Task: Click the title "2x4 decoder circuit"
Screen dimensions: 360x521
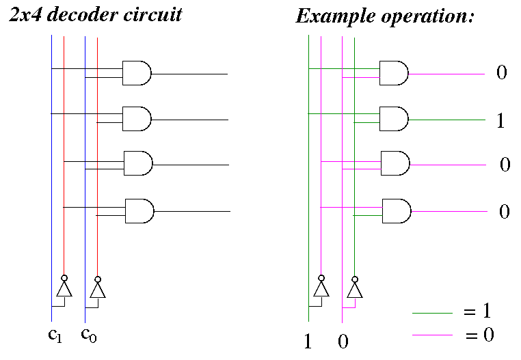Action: coord(95,14)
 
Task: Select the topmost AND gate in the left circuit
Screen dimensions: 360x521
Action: coord(136,73)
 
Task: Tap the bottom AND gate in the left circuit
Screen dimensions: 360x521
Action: coord(139,211)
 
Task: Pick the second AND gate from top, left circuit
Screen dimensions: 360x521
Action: coord(136,118)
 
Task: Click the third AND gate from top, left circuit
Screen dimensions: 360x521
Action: coord(137,164)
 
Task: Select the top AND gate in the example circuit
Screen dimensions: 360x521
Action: coord(393,73)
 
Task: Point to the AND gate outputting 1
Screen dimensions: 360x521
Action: coord(393,119)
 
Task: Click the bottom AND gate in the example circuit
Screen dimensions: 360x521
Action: coord(396,210)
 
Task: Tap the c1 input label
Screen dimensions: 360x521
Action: coord(53,334)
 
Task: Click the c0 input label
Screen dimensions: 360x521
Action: coord(88,334)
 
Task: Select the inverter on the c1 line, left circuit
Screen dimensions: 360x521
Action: coord(64,289)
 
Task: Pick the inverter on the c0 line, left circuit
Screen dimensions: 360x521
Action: coord(98,290)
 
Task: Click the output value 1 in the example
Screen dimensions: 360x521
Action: coord(501,122)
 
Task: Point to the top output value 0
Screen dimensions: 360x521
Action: coord(501,72)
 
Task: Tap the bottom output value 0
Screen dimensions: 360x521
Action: coord(504,212)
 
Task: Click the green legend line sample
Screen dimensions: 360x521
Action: coord(432,313)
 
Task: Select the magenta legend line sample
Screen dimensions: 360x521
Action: coord(432,335)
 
